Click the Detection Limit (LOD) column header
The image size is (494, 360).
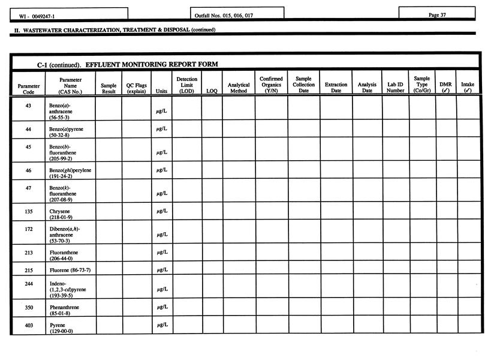pos(186,85)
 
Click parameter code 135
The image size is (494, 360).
pos(28,211)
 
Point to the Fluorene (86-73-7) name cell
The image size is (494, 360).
pos(70,271)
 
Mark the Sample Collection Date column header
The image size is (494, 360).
pos(303,85)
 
